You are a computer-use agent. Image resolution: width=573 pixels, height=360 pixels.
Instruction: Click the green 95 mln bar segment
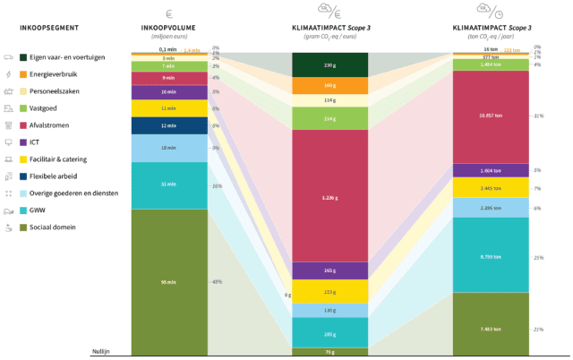(x=168, y=282)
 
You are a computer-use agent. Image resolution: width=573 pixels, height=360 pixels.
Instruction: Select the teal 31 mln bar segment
(x=168, y=184)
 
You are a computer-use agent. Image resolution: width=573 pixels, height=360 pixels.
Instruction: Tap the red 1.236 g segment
(x=329, y=195)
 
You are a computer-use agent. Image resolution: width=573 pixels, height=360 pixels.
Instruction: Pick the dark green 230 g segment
(x=329, y=65)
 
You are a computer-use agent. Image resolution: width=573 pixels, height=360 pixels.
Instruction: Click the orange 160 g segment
(x=329, y=85)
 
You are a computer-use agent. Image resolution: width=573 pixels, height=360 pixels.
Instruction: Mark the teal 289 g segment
(x=329, y=333)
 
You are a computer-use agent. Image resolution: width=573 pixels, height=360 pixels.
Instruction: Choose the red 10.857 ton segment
(x=490, y=116)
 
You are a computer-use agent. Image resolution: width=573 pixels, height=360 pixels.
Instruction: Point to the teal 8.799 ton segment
(x=490, y=256)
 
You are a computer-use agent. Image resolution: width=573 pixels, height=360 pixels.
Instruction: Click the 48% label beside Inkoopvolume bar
(x=217, y=282)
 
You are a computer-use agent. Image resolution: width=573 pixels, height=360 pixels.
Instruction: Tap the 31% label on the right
(x=538, y=116)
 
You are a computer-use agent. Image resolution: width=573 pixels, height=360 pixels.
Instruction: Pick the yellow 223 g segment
(x=329, y=292)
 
